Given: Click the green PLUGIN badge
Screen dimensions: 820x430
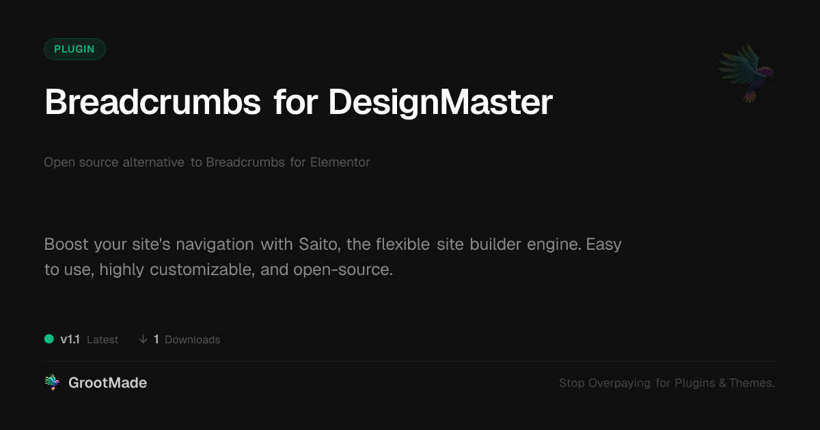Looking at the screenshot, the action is [x=74, y=49].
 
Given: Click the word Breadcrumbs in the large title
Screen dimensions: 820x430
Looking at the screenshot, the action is [x=152, y=102].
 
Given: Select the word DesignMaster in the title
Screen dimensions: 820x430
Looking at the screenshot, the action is [x=441, y=104].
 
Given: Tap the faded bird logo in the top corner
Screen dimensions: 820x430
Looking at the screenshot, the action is [x=746, y=74].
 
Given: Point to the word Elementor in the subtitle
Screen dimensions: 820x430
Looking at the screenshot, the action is [x=340, y=162].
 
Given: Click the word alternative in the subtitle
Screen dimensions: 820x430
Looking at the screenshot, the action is [x=153, y=162].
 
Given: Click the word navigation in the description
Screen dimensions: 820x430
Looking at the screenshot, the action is [x=215, y=245].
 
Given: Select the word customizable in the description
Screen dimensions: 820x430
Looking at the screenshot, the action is [x=202, y=270].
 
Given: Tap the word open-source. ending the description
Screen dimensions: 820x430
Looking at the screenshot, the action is [x=343, y=270].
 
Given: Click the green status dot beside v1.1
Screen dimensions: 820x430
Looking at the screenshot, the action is [x=49, y=339].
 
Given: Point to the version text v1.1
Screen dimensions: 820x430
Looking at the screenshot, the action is [x=70, y=339].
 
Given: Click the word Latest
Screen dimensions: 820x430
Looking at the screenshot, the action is [x=102, y=340].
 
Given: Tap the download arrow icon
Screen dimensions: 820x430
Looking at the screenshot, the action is [x=143, y=339].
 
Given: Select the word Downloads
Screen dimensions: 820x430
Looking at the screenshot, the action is [x=193, y=340].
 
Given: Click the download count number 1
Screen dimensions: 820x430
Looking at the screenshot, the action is [x=156, y=339].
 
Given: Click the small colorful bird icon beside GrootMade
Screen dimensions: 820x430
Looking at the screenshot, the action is [x=52, y=382].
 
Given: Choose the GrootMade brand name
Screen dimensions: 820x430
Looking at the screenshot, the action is [x=108, y=383].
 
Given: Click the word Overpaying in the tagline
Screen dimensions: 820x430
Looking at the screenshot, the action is [x=619, y=383].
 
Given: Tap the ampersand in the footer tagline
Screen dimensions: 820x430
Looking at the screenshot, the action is [x=723, y=383].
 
